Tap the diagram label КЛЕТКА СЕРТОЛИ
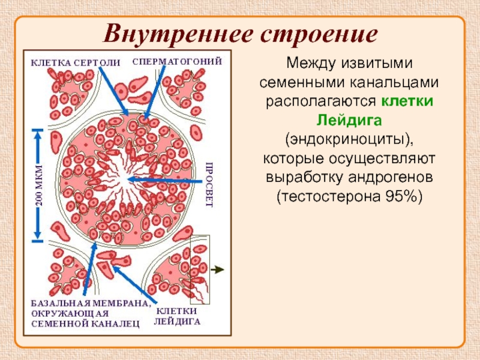coord(76,62)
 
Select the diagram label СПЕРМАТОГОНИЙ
coord(178,61)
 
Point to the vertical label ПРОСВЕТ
coord(209,184)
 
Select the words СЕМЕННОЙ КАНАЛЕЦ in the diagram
coord(85,324)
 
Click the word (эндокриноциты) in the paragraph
coord(351,140)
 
